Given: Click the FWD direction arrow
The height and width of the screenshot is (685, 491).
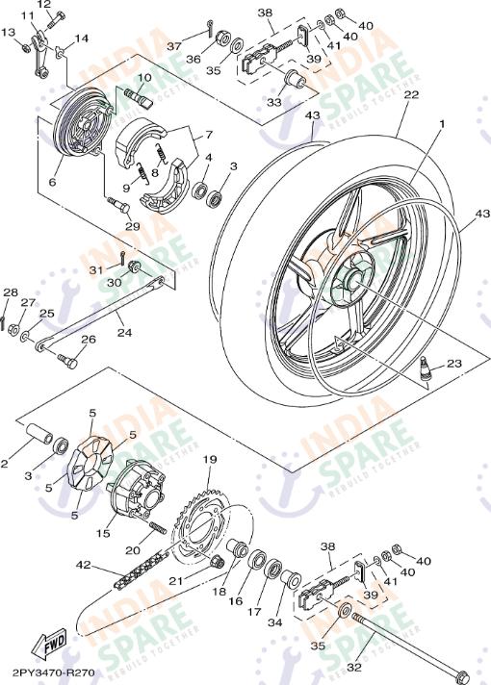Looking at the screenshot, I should [44, 644].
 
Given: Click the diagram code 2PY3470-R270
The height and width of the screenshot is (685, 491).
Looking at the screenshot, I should [54, 674].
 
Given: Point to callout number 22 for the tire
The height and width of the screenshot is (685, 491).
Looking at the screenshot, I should [411, 95].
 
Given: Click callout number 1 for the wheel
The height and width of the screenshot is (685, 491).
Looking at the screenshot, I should [442, 124].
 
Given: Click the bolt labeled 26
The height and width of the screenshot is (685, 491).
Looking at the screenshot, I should [66, 360].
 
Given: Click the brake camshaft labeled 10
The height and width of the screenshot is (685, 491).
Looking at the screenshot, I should [138, 94].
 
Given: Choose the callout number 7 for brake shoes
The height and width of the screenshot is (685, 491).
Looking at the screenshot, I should [207, 136].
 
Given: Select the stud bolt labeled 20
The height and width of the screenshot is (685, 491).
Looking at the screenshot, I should [156, 530].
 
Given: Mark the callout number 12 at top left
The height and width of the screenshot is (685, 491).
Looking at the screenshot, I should [43, 5].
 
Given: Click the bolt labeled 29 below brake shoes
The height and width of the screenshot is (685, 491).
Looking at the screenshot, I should [119, 204].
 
